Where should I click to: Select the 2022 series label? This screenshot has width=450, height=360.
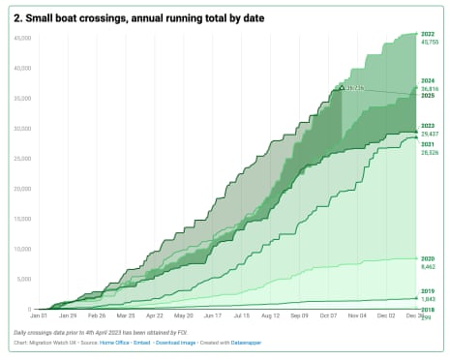tap(427, 34)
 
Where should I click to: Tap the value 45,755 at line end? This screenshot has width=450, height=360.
tap(429, 42)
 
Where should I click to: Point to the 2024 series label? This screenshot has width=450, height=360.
tap(427, 80)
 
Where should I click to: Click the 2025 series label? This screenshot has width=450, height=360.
tap(427, 95)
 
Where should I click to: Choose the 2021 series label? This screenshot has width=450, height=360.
tap(427, 144)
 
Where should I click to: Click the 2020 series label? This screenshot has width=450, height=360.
tap(427, 259)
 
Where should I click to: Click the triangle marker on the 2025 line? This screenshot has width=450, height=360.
tap(341, 87)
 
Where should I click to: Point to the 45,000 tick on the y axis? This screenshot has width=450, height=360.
tap(22, 38)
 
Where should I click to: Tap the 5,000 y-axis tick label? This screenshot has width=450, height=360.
tap(24, 280)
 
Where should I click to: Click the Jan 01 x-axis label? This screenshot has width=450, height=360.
tap(39, 315)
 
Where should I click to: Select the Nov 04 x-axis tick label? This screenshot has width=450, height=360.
tap(358, 315)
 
